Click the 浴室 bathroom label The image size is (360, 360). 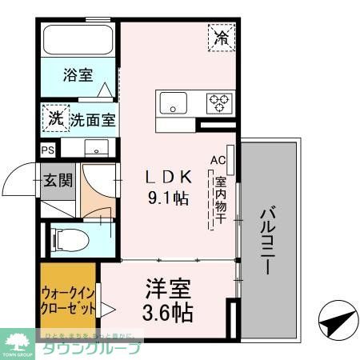click(78, 76)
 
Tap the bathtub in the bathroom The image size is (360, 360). click(78, 41)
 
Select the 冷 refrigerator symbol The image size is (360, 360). click(222, 37)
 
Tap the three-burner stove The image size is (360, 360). click(218, 102)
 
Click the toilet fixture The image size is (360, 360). click(64, 238)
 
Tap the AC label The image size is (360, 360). click(218, 160)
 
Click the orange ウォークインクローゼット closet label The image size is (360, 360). click(67, 300)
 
